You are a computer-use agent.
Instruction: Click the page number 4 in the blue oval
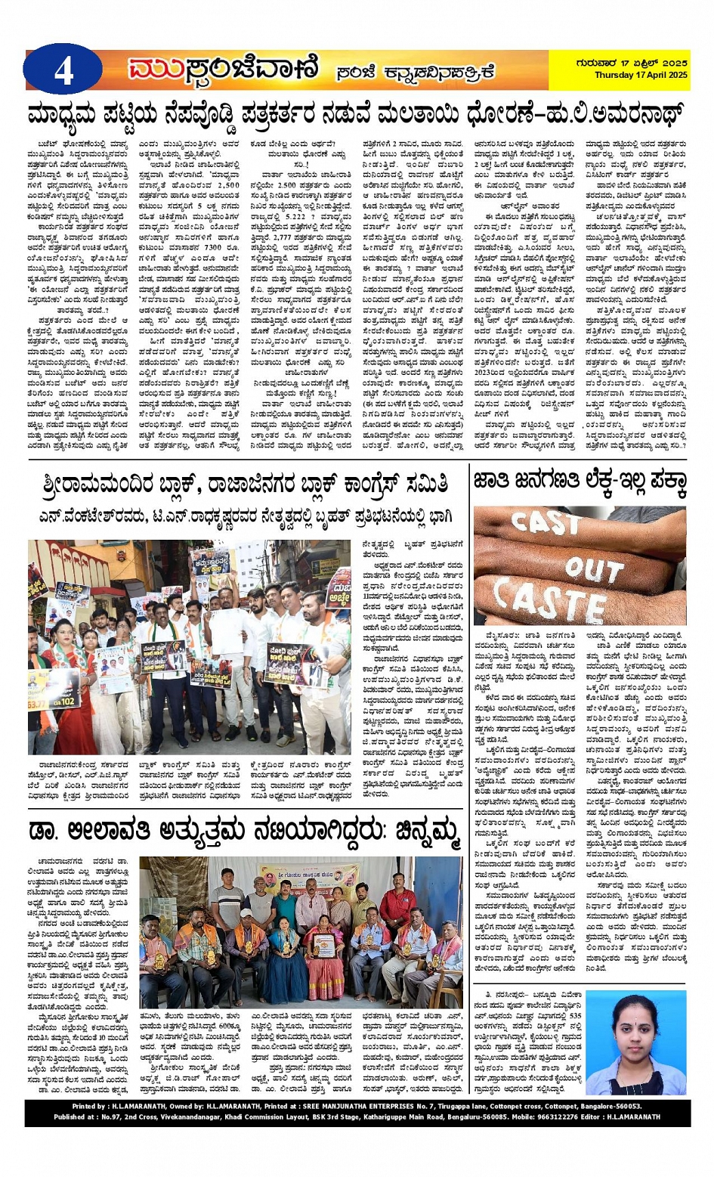point(63,71)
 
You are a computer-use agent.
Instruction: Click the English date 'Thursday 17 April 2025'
point(641,76)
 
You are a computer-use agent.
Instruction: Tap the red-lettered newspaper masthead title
point(224,70)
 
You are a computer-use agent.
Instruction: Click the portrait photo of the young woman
point(635,1043)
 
